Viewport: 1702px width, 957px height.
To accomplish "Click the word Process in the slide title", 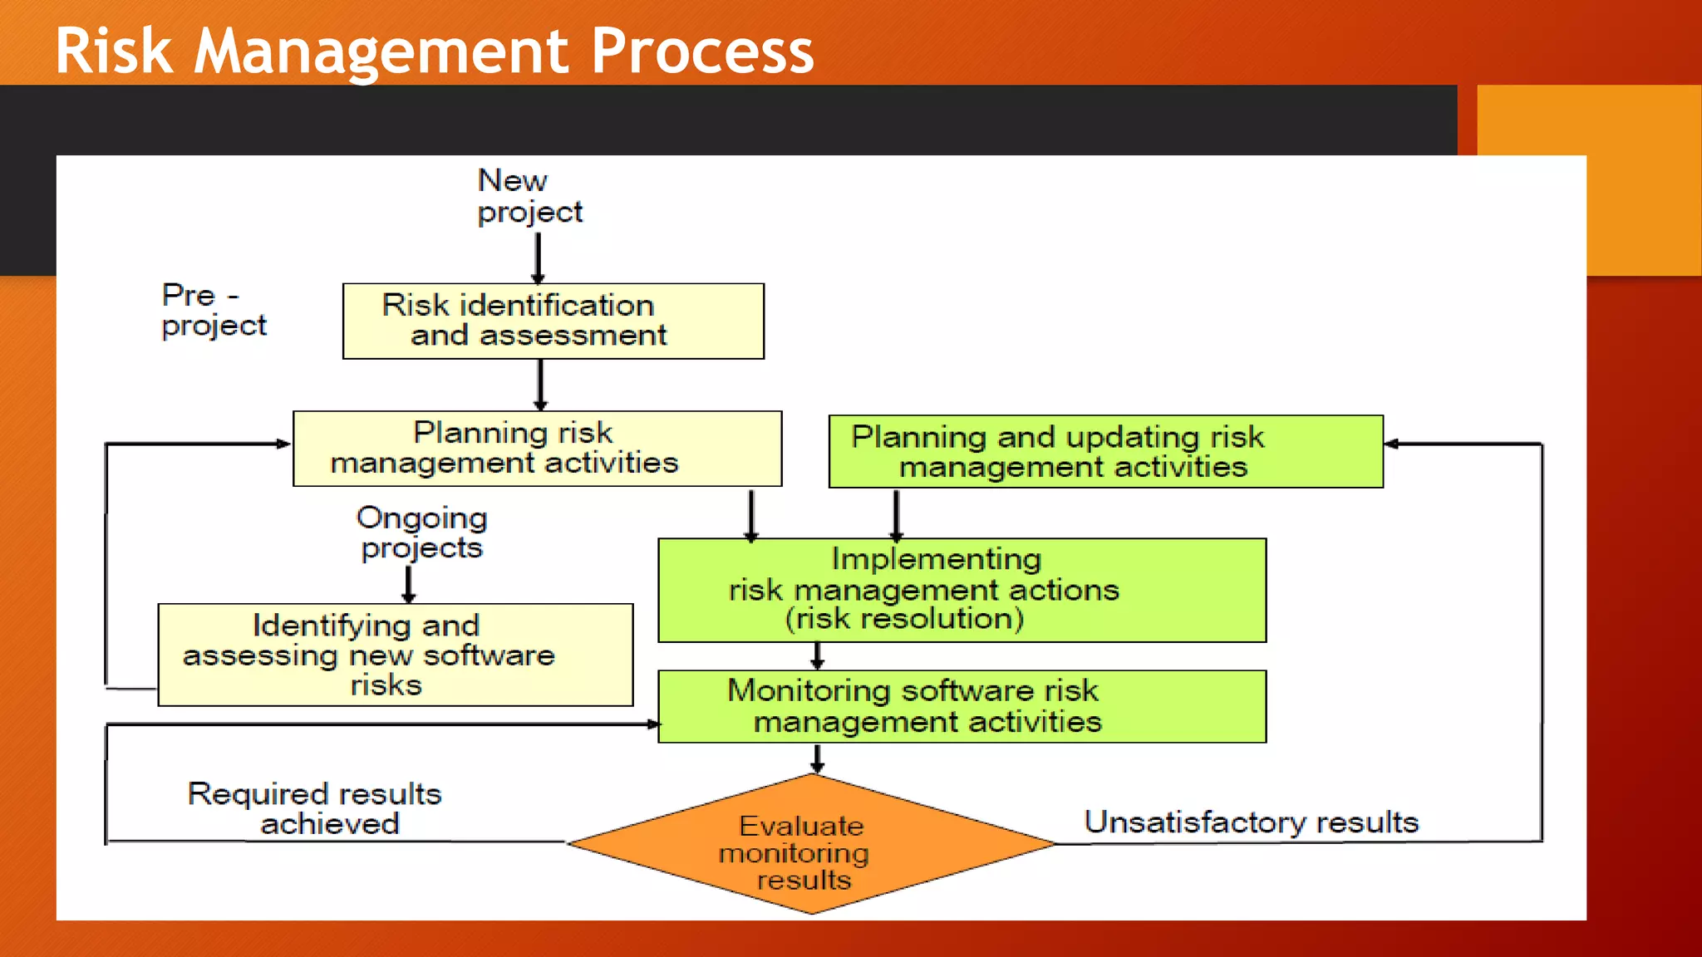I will pos(702,52).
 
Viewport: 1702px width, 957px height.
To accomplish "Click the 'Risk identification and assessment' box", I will pos(553,321).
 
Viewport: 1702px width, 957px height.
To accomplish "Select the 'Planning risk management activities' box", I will pos(537,449).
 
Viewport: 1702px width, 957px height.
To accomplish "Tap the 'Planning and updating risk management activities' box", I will pos(1105,451).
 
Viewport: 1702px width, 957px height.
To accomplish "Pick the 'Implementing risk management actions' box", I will pos(962,590).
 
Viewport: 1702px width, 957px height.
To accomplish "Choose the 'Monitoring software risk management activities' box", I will pos(962,706).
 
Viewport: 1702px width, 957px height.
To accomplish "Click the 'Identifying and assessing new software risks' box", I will pos(395,655).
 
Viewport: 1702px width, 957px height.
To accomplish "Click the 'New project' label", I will pos(529,196).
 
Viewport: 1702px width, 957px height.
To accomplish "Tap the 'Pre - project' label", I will pos(213,310).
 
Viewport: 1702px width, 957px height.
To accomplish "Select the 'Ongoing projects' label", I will pos(421,532).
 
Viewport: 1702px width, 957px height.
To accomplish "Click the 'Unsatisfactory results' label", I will pos(1251,822).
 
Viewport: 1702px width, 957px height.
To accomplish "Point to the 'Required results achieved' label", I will pos(314,808).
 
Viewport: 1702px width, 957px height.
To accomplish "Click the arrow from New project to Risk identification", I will pos(538,258).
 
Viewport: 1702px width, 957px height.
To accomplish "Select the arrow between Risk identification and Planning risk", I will pos(540,385).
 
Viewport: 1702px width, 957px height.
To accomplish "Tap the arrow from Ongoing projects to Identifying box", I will pos(408,584).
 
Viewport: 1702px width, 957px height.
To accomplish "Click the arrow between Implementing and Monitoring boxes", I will pos(818,655).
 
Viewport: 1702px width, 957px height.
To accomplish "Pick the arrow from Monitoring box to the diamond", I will pos(818,758).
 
